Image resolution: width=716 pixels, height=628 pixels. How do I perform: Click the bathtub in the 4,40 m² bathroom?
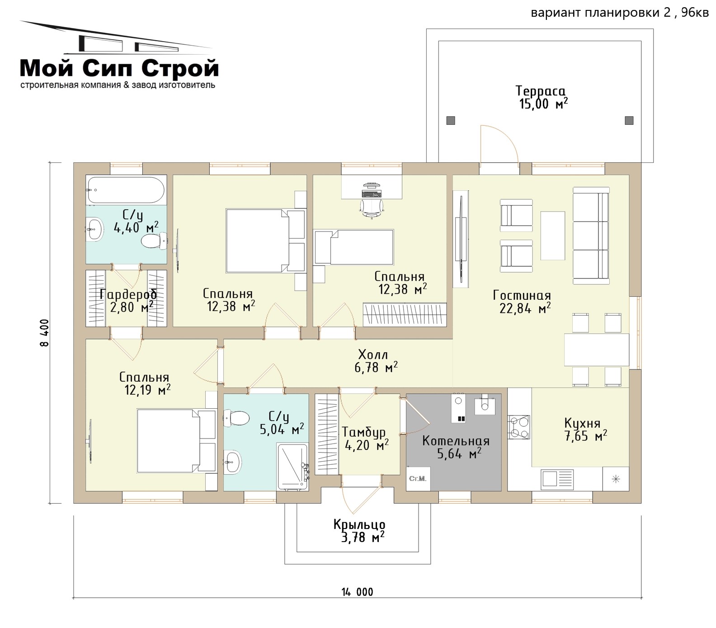[x=126, y=190]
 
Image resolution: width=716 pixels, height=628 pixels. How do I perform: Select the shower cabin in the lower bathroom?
[x=293, y=467]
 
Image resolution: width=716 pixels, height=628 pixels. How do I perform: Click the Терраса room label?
[x=541, y=91]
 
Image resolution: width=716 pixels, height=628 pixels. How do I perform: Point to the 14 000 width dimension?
[x=358, y=592]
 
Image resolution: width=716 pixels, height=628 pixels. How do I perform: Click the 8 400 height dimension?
[x=44, y=333]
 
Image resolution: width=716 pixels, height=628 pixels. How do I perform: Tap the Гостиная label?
[x=522, y=295]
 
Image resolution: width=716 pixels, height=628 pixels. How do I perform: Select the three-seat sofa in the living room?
[x=591, y=236]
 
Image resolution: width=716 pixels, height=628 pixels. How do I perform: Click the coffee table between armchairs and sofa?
[x=553, y=236]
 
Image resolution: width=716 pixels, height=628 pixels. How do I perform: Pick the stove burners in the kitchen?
[x=519, y=427]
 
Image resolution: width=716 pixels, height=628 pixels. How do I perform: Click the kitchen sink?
[x=557, y=478]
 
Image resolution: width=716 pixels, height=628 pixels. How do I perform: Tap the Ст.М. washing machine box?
[x=418, y=478]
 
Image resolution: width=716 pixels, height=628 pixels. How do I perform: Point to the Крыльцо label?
[x=359, y=524]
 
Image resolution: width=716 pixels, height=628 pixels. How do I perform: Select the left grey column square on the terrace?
[x=450, y=121]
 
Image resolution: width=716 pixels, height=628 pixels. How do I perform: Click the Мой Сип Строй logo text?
[x=120, y=69]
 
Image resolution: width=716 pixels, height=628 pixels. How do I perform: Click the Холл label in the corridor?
[x=373, y=354]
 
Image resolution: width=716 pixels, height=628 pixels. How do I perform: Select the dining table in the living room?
[x=596, y=350]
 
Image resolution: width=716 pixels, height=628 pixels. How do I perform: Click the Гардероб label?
[x=128, y=294]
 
